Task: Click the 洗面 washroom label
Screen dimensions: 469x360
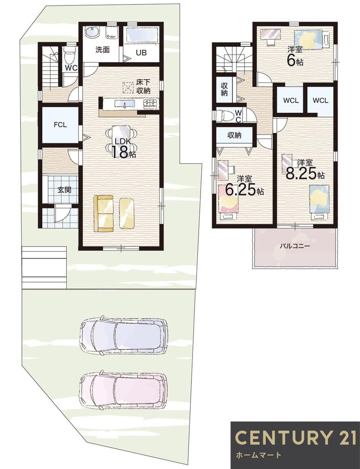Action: coord(102,50)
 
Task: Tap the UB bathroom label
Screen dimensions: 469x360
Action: coord(141,52)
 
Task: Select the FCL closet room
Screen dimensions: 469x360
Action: coord(60,125)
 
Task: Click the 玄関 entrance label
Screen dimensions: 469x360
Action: coord(64,190)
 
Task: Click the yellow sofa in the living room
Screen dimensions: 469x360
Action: coord(104,213)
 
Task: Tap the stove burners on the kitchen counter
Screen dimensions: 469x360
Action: coord(150,104)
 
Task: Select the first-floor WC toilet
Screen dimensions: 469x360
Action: coord(69,58)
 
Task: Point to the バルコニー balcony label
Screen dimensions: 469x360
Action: coord(295,246)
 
